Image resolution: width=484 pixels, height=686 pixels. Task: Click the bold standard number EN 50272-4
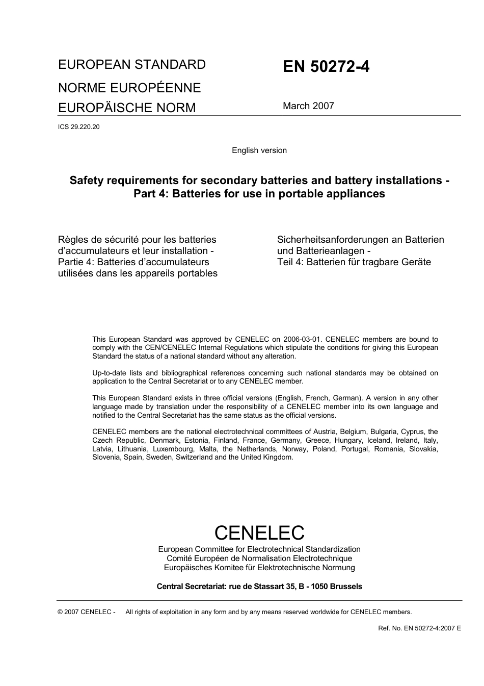(x=326, y=67)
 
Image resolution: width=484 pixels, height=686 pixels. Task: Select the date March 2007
(x=308, y=106)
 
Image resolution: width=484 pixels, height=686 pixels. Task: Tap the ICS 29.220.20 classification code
(x=79, y=127)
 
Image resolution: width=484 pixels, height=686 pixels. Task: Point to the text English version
(x=259, y=150)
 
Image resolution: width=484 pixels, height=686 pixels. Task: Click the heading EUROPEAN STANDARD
(x=132, y=65)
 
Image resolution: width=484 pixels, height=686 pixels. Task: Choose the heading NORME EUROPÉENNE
(x=129, y=88)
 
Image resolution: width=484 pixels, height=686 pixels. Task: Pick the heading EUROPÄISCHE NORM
(x=127, y=108)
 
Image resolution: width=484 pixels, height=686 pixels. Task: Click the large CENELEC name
(x=259, y=532)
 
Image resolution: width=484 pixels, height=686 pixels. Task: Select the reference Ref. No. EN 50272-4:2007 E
(x=419, y=628)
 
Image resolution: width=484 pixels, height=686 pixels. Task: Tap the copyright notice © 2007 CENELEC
(x=87, y=612)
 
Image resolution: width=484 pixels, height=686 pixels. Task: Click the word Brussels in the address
(x=346, y=587)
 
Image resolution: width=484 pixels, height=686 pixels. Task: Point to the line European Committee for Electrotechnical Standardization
(x=259, y=549)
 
